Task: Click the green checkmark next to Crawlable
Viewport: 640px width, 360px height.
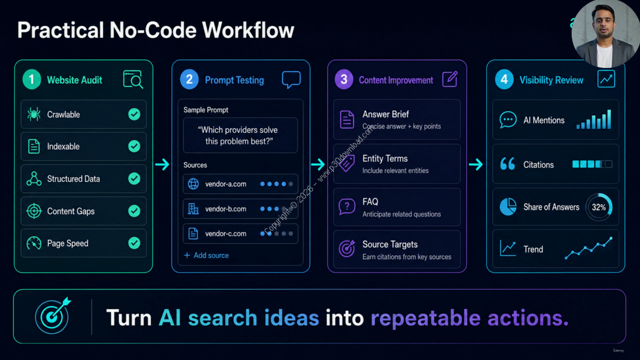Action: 134,114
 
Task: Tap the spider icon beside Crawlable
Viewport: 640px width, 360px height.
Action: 33,114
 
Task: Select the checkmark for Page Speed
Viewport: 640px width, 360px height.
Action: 134,243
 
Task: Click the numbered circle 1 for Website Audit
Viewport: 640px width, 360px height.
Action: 31,79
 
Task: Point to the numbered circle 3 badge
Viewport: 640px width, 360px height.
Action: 344,79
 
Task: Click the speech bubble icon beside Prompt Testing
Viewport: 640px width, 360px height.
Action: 291,79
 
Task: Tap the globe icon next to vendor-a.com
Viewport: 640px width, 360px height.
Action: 193,184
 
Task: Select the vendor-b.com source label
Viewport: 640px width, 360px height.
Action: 225,209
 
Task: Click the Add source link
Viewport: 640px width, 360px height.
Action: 206,255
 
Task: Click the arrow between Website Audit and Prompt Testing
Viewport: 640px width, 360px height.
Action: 162,164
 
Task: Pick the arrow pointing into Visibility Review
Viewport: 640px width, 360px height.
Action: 476,164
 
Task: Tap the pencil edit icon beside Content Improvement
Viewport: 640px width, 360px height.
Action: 450,79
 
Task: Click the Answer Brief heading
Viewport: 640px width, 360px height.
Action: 385,114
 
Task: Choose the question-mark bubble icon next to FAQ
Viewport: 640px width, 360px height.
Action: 347,206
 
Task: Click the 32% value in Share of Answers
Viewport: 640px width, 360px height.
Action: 598,207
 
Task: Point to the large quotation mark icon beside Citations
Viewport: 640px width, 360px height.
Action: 507,163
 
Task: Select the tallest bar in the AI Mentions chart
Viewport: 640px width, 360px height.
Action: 609,119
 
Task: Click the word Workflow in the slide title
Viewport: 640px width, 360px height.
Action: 248,30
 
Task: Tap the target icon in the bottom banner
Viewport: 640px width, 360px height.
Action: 53,315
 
